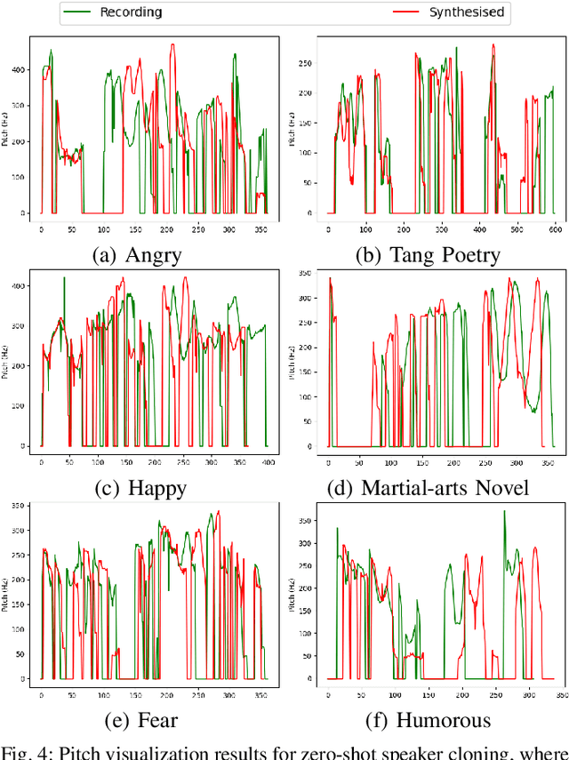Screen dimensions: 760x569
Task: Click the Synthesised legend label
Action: click(x=467, y=12)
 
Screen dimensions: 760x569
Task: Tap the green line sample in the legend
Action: click(x=81, y=12)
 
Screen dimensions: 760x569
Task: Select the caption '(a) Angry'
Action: click(x=137, y=255)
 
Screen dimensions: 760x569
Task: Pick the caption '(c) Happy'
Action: click(x=137, y=487)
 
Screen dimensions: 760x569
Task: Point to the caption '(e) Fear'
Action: click(x=137, y=719)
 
